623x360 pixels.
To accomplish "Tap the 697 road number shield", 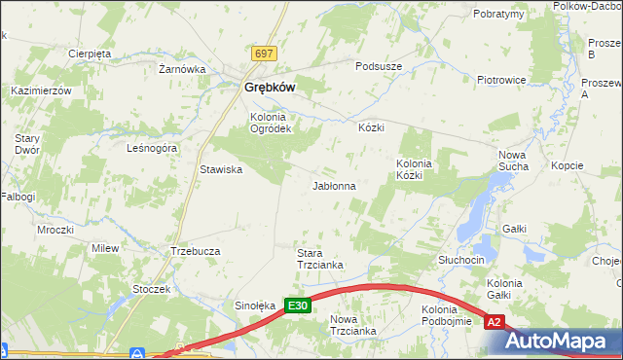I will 263,54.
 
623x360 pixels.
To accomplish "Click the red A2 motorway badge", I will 495,322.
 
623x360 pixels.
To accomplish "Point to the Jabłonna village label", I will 333,185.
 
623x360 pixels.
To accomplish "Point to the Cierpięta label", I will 90,54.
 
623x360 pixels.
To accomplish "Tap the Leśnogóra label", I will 152,149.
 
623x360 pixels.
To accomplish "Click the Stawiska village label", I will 221,169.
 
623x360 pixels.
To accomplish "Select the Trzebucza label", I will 195,250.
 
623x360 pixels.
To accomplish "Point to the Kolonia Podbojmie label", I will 447,315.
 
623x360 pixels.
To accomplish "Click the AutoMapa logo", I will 564,342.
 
